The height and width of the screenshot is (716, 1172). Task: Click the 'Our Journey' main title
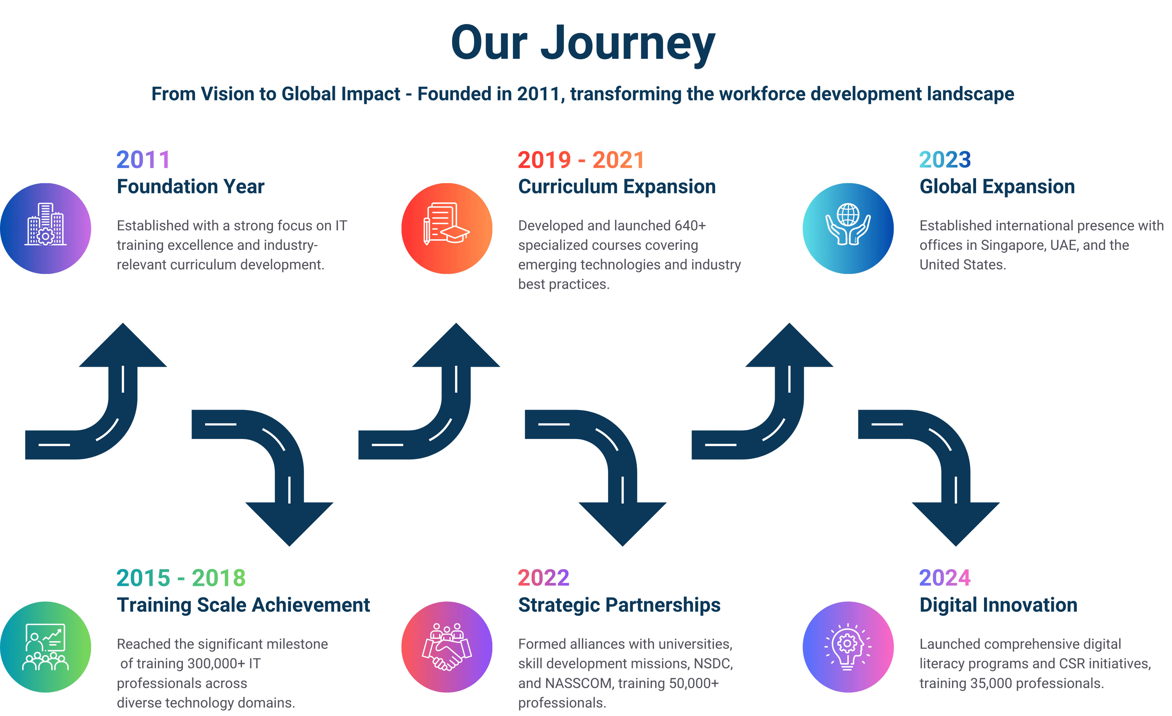(x=583, y=44)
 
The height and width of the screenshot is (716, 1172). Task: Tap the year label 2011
(x=143, y=160)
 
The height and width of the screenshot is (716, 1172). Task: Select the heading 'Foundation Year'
(x=190, y=186)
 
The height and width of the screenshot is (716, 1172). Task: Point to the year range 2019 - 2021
(x=581, y=160)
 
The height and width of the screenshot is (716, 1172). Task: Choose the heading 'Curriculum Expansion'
(x=617, y=186)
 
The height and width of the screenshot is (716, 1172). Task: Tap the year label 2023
(x=945, y=160)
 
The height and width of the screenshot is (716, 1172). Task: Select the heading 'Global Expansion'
(x=997, y=186)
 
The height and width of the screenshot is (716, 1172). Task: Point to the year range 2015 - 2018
(x=181, y=578)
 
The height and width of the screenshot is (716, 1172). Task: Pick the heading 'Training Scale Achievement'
(x=243, y=605)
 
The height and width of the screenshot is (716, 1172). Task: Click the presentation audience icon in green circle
(x=46, y=646)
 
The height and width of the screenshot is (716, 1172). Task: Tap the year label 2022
(x=543, y=578)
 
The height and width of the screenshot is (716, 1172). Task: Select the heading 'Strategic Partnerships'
(x=619, y=605)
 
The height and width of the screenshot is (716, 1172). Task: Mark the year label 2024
(x=945, y=578)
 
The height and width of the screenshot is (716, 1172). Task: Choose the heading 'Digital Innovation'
(x=998, y=605)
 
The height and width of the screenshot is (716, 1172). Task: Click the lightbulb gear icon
(x=848, y=646)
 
